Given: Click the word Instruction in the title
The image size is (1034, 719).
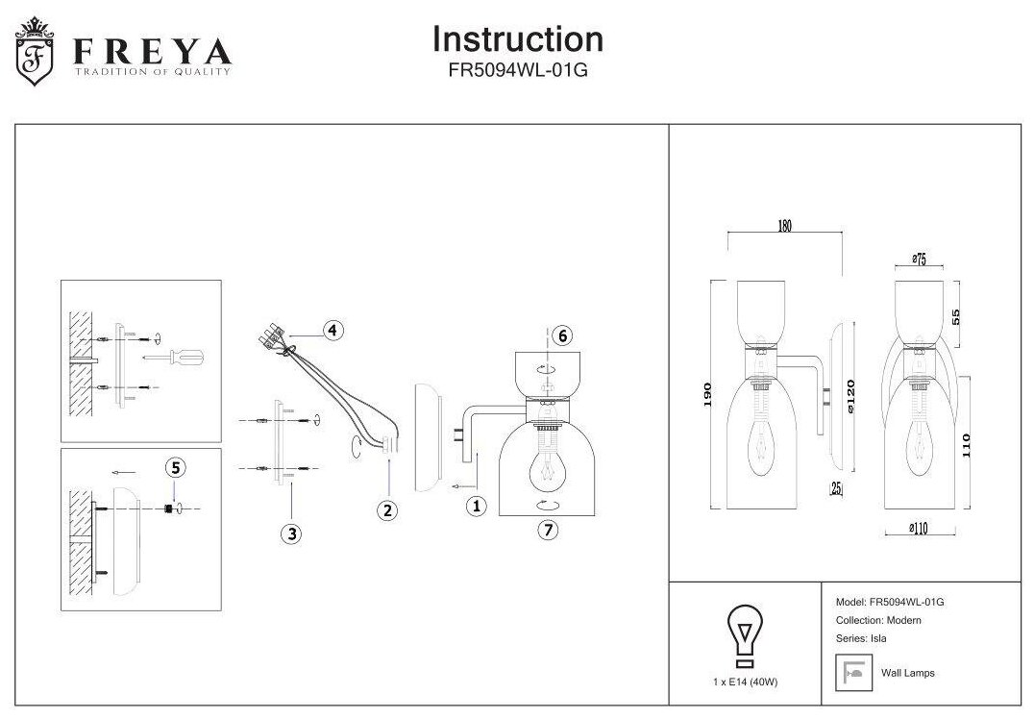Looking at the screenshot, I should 518,39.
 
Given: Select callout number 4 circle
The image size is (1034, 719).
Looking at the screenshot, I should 332,331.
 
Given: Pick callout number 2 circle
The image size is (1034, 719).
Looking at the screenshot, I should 386,510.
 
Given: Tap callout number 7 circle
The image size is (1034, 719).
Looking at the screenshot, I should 548,530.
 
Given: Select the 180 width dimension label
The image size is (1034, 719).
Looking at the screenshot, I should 783,227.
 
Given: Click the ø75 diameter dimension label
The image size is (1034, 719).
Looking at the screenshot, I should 917,259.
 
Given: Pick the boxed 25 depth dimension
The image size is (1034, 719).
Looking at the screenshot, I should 835,489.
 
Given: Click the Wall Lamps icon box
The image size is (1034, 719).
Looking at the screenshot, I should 851,672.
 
